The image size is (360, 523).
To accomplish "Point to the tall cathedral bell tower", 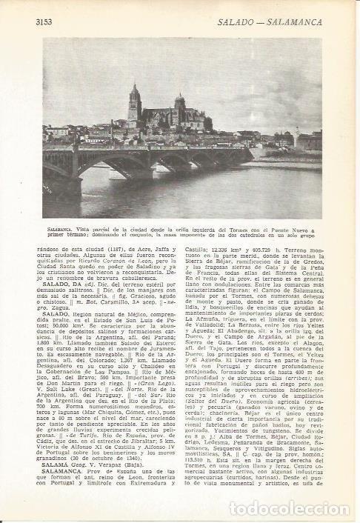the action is (x=134, y=104).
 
